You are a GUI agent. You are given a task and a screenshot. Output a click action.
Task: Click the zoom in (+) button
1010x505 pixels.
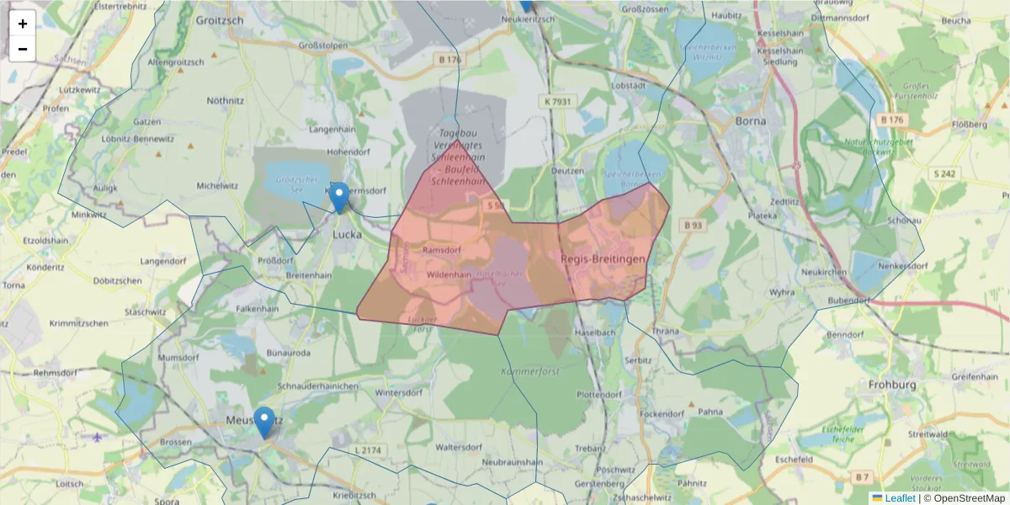(x=23, y=24)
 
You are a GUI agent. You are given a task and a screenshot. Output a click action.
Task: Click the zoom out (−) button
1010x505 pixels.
(x=23, y=49)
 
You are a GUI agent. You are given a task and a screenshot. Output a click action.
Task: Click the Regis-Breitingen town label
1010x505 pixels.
(x=603, y=259)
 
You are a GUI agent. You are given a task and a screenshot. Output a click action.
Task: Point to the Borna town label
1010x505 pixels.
(x=751, y=120)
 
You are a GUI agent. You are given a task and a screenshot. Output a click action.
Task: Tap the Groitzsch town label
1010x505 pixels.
(x=219, y=19)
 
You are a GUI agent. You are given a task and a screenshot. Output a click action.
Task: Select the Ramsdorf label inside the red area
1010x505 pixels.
(x=442, y=250)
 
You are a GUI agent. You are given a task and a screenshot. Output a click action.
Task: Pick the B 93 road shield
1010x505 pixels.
(x=694, y=225)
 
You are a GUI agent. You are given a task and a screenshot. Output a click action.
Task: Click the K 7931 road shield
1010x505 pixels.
(x=557, y=101)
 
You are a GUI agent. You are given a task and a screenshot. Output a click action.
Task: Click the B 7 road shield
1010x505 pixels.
(x=861, y=477)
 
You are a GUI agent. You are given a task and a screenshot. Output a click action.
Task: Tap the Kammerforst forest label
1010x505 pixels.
(x=529, y=371)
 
